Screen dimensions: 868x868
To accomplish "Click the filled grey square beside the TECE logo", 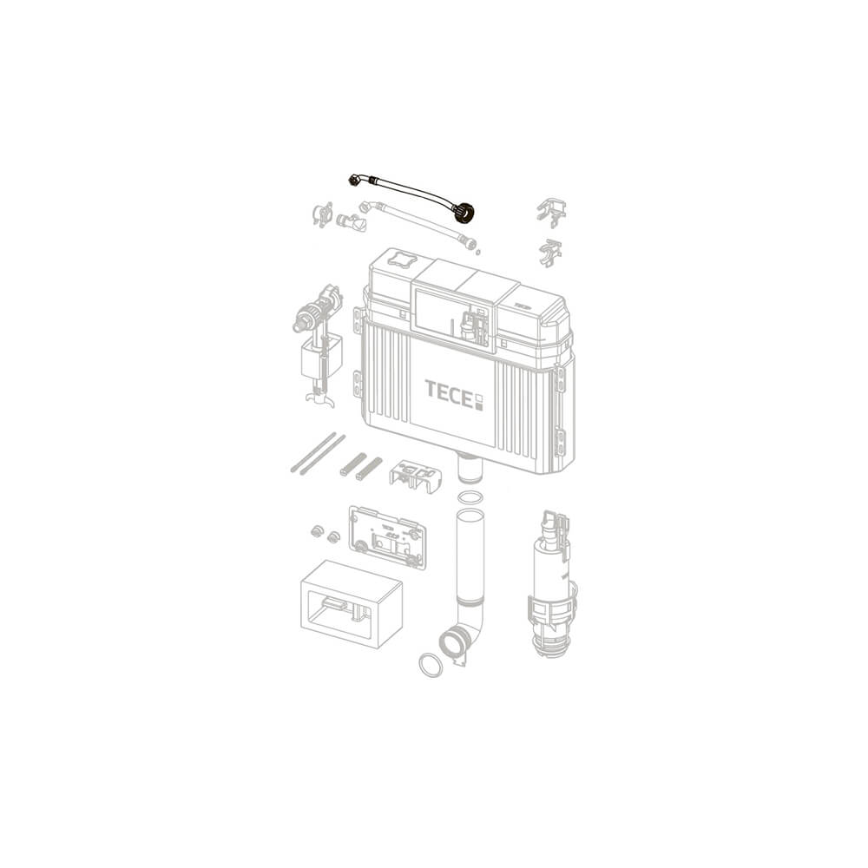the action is pyautogui.click(x=479, y=406).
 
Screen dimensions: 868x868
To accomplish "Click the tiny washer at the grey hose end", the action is pyautogui.click(x=478, y=252).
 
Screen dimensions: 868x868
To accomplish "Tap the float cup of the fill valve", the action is pyautogui.click(x=320, y=358).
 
